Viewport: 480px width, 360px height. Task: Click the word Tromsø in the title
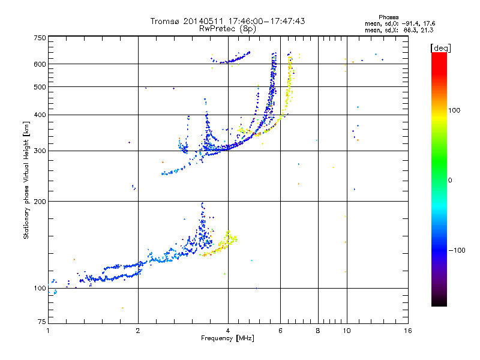[166, 21]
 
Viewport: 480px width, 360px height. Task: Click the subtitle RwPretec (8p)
[227, 29]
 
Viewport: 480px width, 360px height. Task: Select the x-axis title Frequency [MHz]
[227, 338]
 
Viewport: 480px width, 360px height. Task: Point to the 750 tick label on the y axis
[40, 38]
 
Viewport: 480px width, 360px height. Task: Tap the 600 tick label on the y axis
[40, 64]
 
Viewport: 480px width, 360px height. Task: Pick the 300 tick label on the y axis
[40, 151]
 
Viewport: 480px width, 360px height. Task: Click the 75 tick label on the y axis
[42, 322]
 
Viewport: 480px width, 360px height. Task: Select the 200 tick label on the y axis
[40, 201]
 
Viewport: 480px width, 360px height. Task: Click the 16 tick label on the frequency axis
[408, 331]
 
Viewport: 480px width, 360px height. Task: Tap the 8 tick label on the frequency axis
[318, 331]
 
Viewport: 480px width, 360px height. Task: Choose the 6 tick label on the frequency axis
[280, 331]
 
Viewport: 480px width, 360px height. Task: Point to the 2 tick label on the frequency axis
[138, 331]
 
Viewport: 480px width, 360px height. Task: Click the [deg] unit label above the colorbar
[440, 48]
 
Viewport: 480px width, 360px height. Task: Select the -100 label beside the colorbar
[457, 250]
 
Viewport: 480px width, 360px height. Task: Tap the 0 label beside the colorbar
[449, 180]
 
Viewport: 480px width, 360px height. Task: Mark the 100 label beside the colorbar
[454, 110]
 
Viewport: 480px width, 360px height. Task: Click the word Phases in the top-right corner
[388, 17]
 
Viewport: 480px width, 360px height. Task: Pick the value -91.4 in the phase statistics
[410, 23]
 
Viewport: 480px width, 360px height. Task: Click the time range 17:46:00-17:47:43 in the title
[266, 21]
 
